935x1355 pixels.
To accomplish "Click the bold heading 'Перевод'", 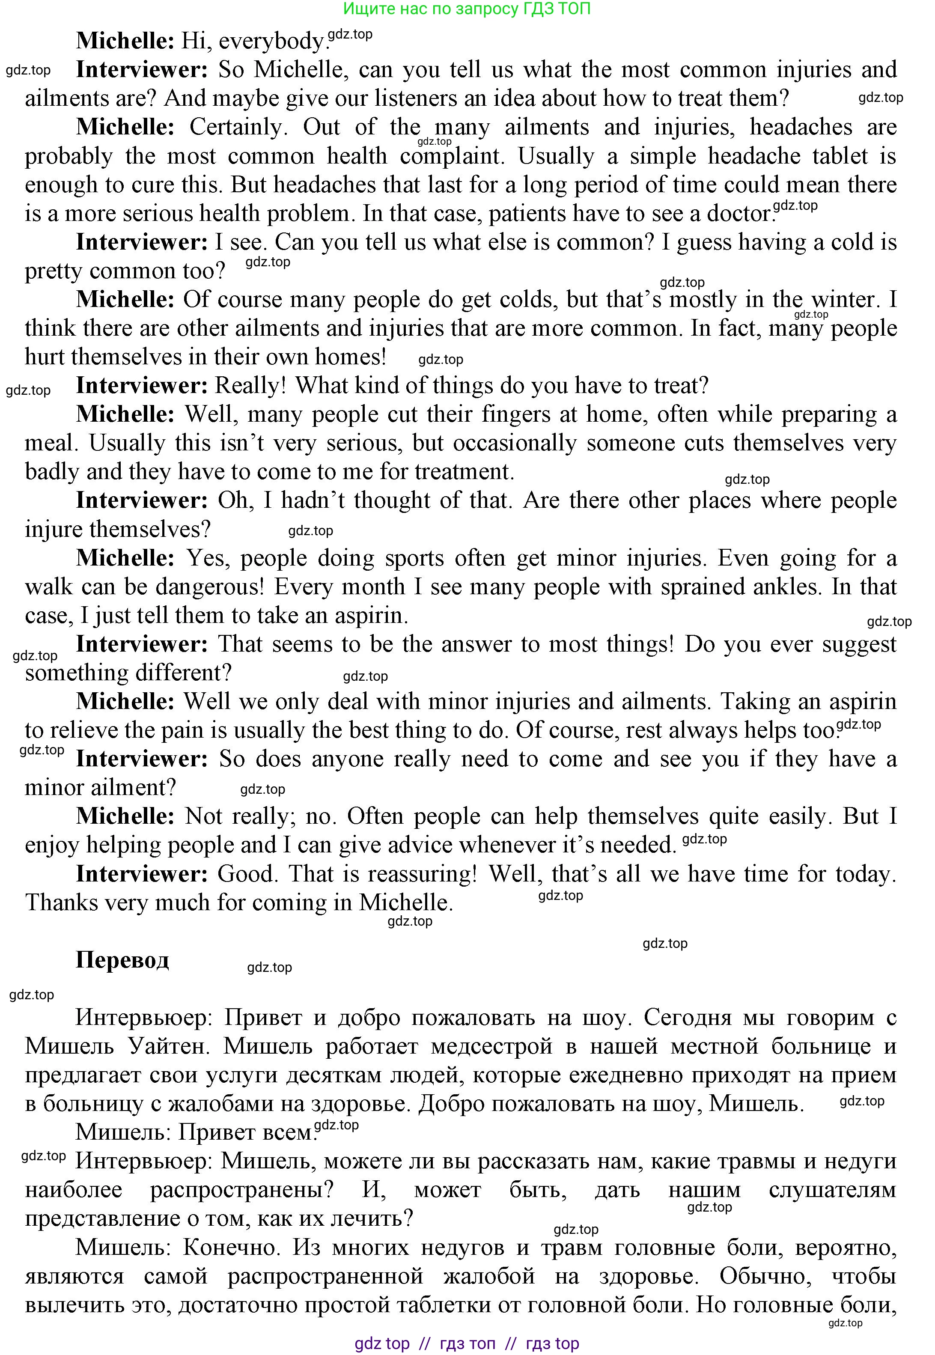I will pyautogui.click(x=122, y=959).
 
